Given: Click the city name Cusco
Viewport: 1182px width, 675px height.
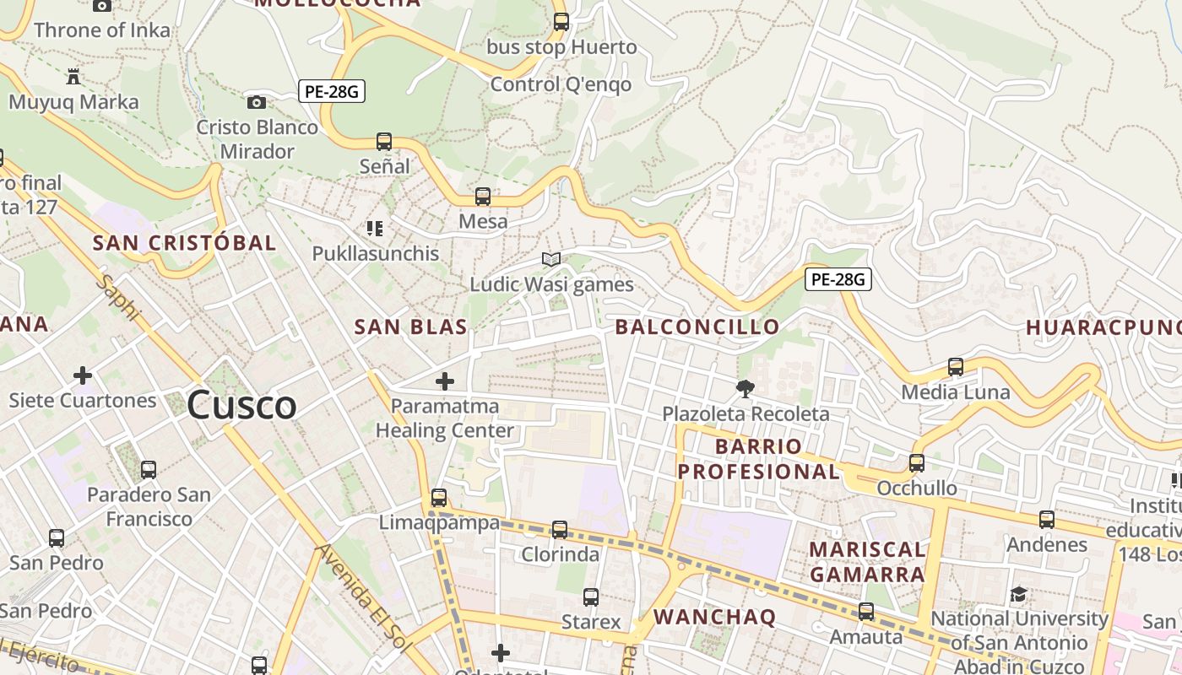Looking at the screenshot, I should point(241,405).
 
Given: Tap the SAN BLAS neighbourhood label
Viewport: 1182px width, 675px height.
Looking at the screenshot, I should point(411,327).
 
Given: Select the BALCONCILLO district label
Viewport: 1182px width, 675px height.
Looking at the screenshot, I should point(697,327).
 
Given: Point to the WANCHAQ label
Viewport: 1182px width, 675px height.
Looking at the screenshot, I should point(714,617).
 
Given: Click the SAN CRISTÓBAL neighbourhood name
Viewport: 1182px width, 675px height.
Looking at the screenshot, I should point(184,243).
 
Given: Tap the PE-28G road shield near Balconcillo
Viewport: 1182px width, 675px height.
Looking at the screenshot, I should point(838,279).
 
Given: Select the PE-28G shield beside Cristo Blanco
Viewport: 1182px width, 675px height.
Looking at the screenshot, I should point(332,91).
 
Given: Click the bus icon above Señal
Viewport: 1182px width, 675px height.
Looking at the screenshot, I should point(384,142).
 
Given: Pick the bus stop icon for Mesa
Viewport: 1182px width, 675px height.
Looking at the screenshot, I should point(483,197).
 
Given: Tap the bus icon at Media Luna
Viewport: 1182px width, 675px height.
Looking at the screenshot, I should point(956,367).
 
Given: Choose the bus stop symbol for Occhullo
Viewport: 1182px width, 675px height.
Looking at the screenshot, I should point(917,463).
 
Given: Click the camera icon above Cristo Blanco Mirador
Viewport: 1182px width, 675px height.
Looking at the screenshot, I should point(257,103).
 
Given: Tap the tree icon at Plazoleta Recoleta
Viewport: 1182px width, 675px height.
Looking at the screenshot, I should point(745,389).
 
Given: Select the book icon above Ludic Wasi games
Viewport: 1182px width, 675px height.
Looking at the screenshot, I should point(551,259).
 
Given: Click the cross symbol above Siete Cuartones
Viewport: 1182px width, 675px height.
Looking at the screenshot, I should point(83,375).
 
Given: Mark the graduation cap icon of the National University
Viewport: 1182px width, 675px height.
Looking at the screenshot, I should point(1018,595).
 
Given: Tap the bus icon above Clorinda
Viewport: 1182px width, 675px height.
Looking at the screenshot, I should point(560,530).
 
